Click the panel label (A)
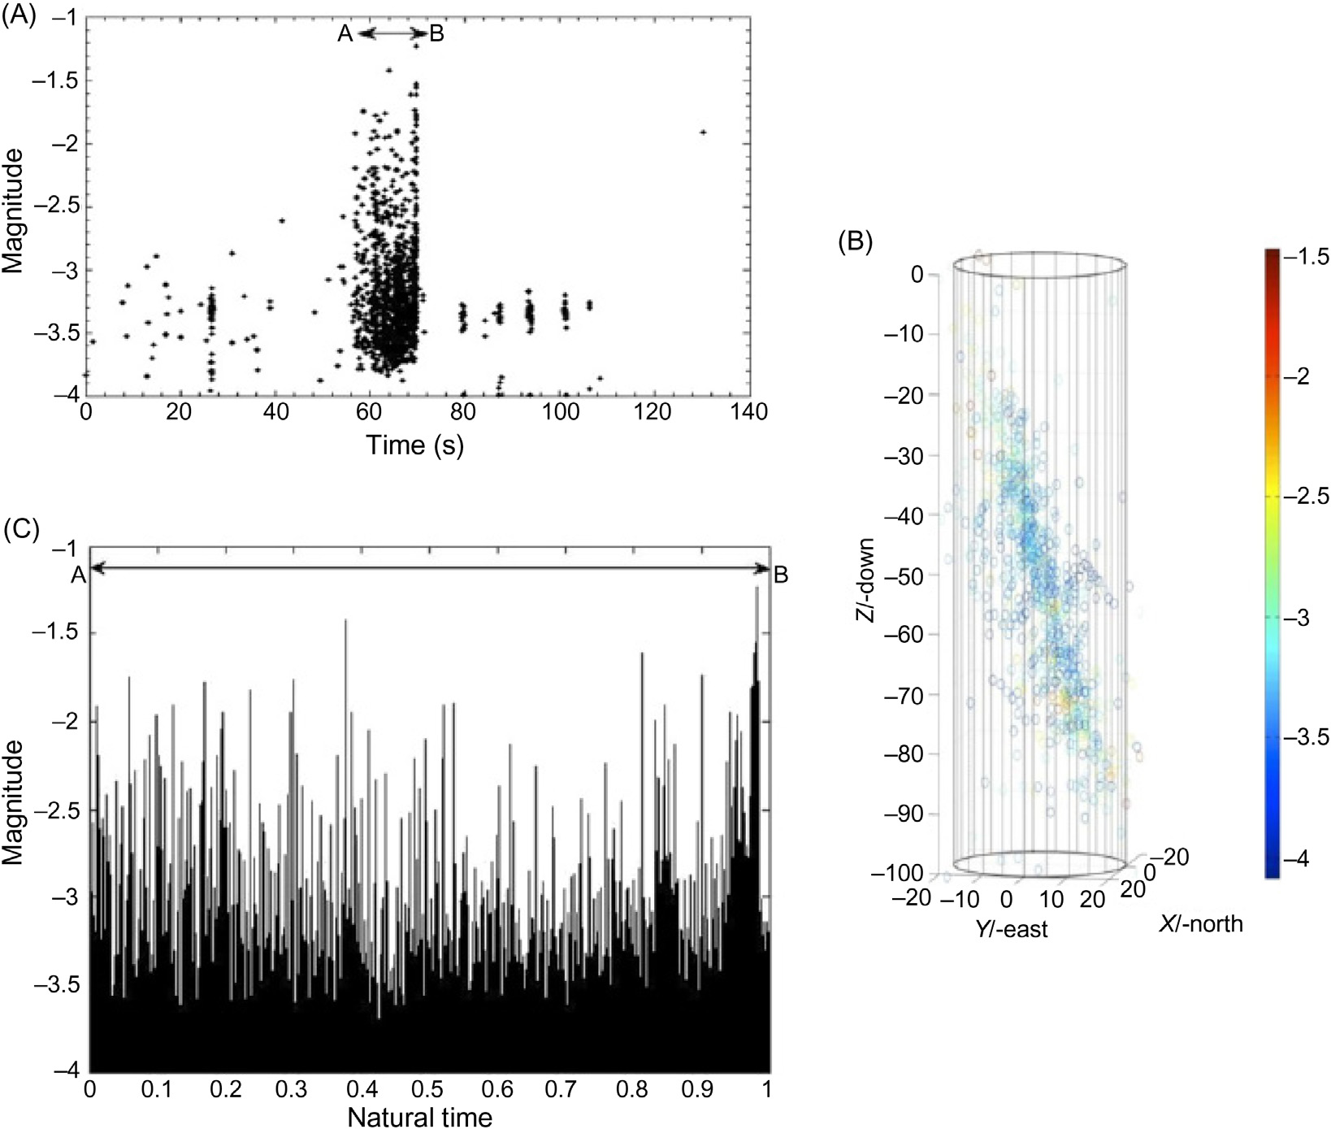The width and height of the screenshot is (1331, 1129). pyautogui.click(x=20, y=16)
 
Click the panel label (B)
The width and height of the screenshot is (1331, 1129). pyautogui.click(x=855, y=242)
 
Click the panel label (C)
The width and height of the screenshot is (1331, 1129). pyautogui.click(x=21, y=528)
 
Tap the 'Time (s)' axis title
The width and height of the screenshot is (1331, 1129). pyautogui.click(x=414, y=445)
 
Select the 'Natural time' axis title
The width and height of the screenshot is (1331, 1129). pyautogui.click(x=419, y=1117)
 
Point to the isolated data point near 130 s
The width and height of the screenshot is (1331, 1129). pyautogui.click(x=703, y=132)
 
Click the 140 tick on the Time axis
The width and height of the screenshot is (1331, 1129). pyautogui.click(x=748, y=412)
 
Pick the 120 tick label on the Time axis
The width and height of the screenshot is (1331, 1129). pyautogui.click(x=653, y=412)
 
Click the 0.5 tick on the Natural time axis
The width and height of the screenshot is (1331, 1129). pyautogui.click(x=427, y=1088)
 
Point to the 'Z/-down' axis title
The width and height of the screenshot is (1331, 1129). pyautogui.click(x=867, y=579)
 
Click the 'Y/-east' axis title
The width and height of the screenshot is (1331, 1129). pyautogui.click(x=1012, y=928)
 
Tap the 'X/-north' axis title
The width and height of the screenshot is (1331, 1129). pyautogui.click(x=1200, y=923)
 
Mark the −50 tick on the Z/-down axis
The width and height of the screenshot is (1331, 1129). pyautogui.click(x=904, y=575)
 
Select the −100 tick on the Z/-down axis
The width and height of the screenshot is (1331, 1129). pyautogui.click(x=898, y=874)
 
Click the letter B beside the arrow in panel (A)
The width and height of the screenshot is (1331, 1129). pyautogui.click(x=436, y=34)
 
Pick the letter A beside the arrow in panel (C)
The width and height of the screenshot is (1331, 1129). pyautogui.click(x=78, y=575)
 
